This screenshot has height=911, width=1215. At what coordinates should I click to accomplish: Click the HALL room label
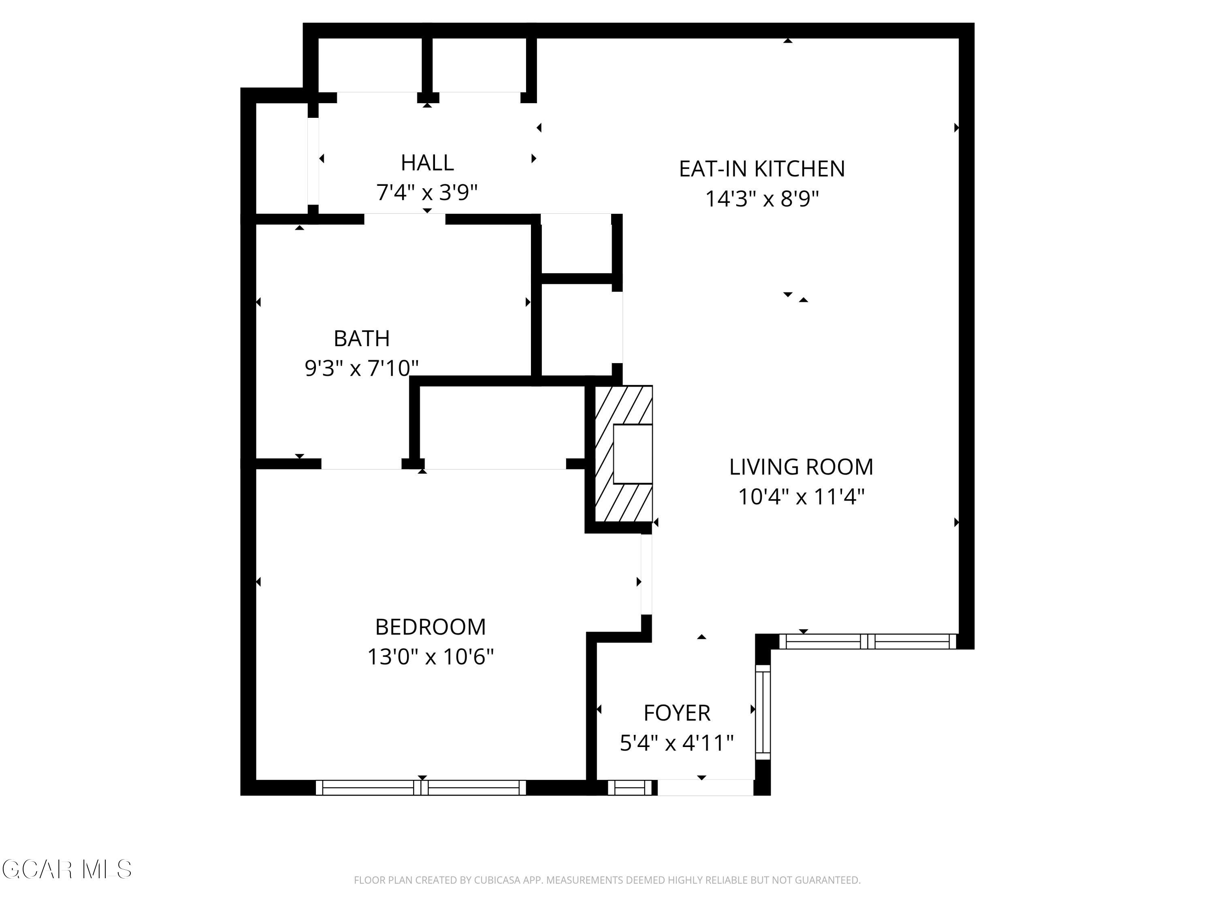427,162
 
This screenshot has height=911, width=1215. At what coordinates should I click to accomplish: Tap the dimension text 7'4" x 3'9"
427,193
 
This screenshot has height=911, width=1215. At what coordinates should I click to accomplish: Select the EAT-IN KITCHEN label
761,168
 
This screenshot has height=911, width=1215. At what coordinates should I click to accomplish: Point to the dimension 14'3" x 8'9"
761,199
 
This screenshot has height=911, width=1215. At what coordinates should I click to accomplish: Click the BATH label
361,338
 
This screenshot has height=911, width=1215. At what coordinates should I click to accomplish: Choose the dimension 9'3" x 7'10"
361,368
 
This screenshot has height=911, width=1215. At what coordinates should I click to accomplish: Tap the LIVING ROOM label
800,467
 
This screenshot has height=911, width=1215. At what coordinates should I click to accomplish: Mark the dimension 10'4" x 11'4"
800,497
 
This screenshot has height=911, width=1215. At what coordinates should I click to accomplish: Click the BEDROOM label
430,626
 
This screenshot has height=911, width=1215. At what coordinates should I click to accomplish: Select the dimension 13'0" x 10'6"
430,657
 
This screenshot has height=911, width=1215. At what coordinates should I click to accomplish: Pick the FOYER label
677,713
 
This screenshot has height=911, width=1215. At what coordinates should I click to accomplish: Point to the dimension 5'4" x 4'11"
677,743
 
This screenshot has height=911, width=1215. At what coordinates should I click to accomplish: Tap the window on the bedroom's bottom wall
421,788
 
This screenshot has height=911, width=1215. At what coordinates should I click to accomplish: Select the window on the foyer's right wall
763,712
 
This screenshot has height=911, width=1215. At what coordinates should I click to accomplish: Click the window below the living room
868,641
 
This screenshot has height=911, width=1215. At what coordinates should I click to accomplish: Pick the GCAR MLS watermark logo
66,869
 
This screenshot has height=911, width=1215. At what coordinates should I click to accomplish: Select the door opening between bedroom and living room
646,574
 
